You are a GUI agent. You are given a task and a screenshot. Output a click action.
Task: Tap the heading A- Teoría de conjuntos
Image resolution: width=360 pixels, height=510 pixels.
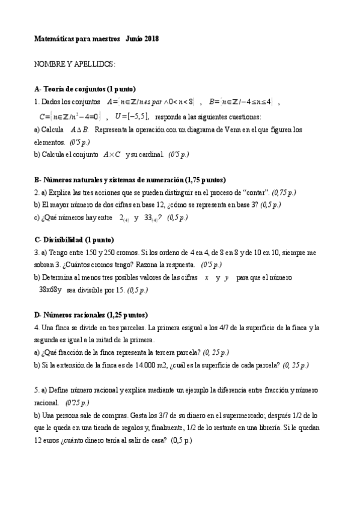[85, 89]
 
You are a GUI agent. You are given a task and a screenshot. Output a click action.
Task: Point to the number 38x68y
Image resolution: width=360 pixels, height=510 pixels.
[50, 290]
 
